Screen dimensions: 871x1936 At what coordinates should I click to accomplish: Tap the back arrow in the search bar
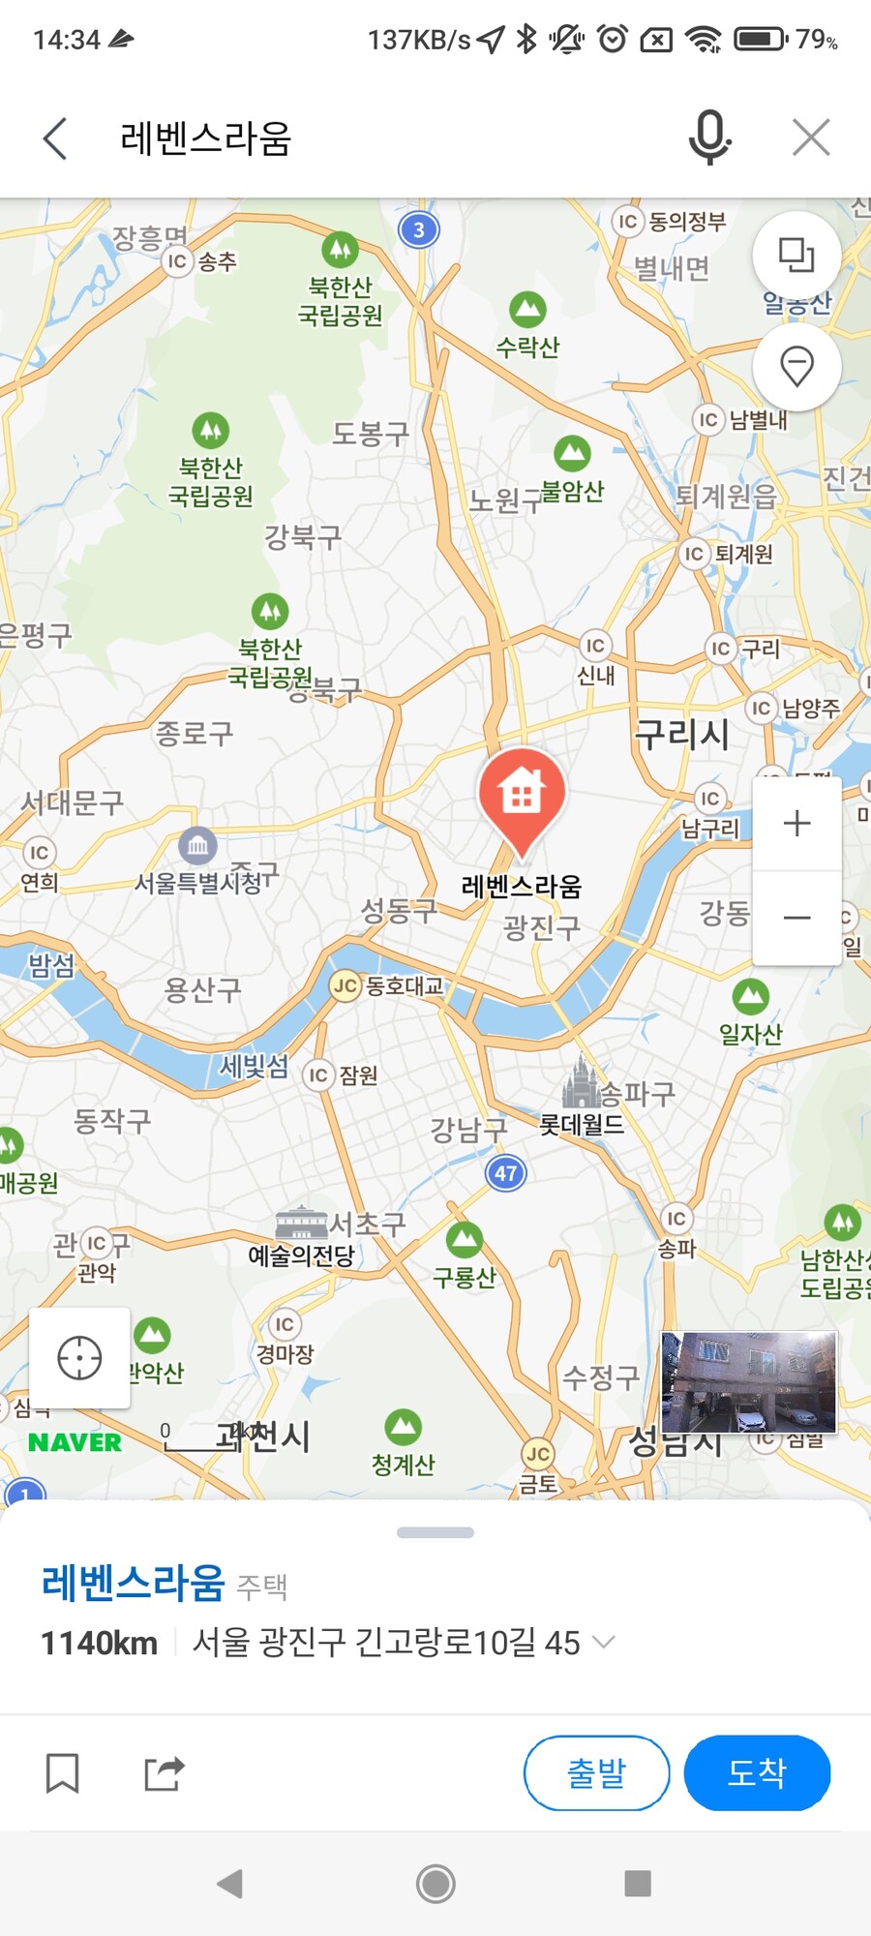tap(56, 138)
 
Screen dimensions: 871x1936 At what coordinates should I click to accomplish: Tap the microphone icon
tap(709, 136)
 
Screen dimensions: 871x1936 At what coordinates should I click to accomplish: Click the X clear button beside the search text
tap(811, 137)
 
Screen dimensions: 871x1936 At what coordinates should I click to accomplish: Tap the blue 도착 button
tap(757, 1772)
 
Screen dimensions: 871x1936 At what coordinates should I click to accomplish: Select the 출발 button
tap(596, 1772)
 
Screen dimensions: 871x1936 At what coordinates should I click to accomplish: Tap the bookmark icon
tap(63, 1773)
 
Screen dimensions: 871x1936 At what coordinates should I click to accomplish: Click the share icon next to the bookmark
tap(164, 1773)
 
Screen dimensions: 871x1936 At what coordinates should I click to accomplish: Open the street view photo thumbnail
tap(749, 1381)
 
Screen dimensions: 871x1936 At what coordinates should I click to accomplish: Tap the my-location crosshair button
tap(79, 1357)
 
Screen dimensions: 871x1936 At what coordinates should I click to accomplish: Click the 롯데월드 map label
tap(582, 1125)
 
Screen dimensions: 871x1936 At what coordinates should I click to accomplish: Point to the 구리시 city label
tap(681, 734)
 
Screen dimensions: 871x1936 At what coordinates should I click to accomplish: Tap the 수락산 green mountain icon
tap(527, 310)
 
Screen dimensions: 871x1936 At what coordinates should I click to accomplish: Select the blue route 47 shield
tap(505, 1174)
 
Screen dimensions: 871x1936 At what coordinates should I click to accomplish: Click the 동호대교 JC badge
tap(345, 986)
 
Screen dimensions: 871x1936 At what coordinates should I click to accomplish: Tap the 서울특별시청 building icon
tap(197, 845)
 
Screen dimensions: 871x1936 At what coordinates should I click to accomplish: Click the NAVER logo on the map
tap(75, 1442)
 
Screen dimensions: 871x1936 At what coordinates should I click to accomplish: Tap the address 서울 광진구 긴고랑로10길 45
tap(386, 1643)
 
